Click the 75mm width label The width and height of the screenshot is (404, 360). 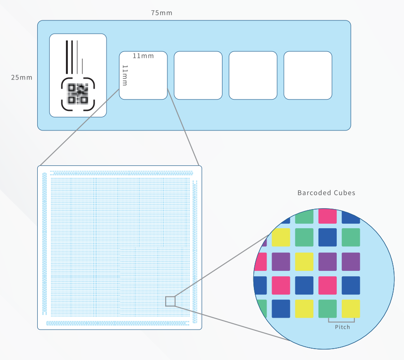[x=162, y=13]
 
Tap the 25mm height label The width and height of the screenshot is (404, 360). [x=22, y=77]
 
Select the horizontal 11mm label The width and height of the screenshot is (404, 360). [x=143, y=56]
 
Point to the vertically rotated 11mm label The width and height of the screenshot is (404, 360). [x=125, y=75]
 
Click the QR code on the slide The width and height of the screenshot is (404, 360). [x=78, y=94]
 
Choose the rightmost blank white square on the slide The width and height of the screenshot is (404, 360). [x=308, y=75]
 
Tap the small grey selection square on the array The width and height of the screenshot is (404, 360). [x=170, y=301]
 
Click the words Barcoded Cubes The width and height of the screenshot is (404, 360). [x=326, y=193]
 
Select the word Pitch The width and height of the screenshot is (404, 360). [x=342, y=327]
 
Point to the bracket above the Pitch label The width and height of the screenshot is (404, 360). [x=341, y=321]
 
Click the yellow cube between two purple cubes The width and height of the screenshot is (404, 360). [x=304, y=261]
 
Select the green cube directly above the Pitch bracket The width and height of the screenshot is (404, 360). [x=328, y=309]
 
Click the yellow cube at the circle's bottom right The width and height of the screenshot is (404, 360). [x=351, y=309]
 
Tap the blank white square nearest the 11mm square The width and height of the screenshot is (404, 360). [x=198, y=75]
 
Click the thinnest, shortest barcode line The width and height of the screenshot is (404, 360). [x=82, y=67]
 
